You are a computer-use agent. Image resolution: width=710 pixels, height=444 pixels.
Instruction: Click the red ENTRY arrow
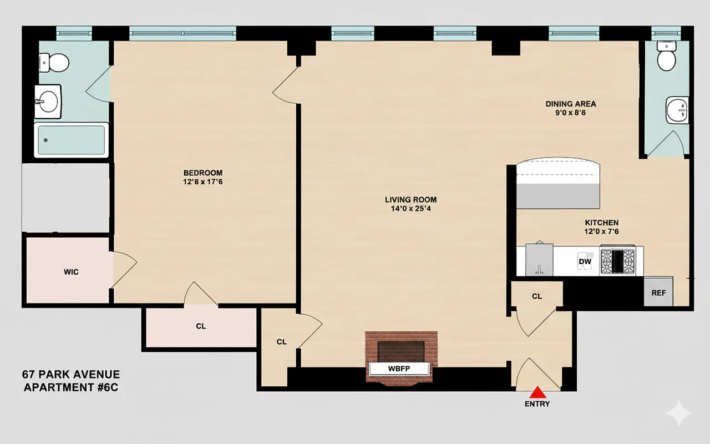pyautogui.click(x=537, y=392)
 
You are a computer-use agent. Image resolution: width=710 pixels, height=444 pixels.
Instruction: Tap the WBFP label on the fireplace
pyautogui.click(x=399, y=369)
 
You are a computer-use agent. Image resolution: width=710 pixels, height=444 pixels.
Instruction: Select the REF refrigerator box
pyautogui.click(x=658, y=292)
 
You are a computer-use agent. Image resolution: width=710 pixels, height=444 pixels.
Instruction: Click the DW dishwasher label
pyautogui.click(x=585, y=261)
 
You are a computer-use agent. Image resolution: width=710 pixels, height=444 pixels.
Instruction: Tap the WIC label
pyautogui.click(x=71, y=272)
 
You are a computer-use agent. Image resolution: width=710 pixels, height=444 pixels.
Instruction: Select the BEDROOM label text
pyautogui.click(x=203, y=173)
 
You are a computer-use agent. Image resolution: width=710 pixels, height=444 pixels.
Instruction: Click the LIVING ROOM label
pyautogui.click(x=410, y=200)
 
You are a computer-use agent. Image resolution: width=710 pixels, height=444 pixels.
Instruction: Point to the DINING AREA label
pyautogui.click(x=571, y=104)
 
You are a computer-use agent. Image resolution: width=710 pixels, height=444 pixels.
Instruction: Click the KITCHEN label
pyautogui.click(x=601, y=223)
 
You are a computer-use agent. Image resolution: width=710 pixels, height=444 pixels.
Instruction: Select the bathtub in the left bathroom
pyautogui.click(x=71, y=140)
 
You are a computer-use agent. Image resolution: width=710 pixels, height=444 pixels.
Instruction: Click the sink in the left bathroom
pyautogui.click(x=48, y=102)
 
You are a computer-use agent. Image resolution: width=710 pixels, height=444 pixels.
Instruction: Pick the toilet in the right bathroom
pyautogui.click(x=665, y=56)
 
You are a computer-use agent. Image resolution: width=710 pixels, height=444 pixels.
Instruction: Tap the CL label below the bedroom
pyautogui.click(x=201, y=326)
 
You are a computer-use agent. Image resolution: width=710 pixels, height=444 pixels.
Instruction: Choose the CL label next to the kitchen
pyautogui.click(x=537, y=296)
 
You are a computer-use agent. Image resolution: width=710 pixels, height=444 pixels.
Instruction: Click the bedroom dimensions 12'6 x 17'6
pyautogui.click(x=203, y=181)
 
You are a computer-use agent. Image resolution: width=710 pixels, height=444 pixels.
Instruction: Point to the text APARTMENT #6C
pyautogui.click(x=70, y=387)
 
